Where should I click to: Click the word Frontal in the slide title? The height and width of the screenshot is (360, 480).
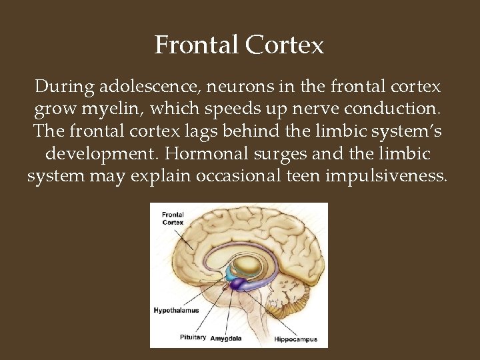(x=197, y=45)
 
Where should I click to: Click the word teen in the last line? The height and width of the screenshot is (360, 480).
(x=281, y=177)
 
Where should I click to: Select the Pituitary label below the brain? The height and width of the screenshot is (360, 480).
(x=193, y=337)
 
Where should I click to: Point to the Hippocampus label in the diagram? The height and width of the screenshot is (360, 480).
(x=296, y=339)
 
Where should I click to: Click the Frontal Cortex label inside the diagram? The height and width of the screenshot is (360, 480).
(x=173, y=218)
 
